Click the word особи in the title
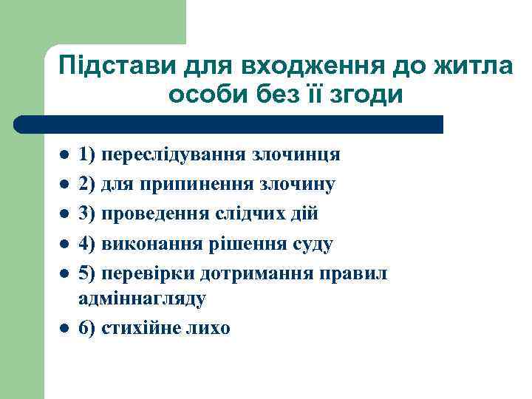(202, 95)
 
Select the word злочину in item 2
(306, 185)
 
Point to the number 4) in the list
(87, 244)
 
